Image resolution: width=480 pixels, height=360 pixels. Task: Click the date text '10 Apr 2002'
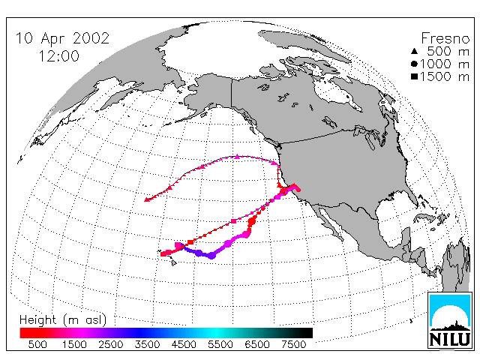point(62,38)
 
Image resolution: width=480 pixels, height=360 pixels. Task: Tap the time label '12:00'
point(59,56)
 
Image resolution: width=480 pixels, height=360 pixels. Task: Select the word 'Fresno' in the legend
point(445,38)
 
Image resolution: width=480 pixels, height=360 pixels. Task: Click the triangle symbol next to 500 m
point(414,51)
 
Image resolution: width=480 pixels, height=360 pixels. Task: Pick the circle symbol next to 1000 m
point(414,64)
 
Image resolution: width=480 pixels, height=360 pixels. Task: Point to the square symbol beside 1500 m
point(414,76)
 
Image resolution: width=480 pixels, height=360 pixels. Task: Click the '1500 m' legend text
point(445,76)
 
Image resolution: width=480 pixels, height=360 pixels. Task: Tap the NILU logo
point(450,320)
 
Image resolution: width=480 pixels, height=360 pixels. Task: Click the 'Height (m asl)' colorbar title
point(63,320)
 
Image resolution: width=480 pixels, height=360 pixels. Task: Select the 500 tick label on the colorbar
point(37,344)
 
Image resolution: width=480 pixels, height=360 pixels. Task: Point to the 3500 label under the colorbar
point(147,344)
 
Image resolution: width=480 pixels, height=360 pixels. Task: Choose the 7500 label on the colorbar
point(293,344)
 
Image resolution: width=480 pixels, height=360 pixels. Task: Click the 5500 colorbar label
point(220,344)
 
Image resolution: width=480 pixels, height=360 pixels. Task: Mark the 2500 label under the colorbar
point(111,344)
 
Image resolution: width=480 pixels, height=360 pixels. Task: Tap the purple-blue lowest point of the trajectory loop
point(211,255)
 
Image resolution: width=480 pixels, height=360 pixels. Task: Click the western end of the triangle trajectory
point(147,200)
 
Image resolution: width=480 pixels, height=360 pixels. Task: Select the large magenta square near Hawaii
point(178,245)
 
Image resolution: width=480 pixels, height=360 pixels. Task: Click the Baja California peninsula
point(329,221)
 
